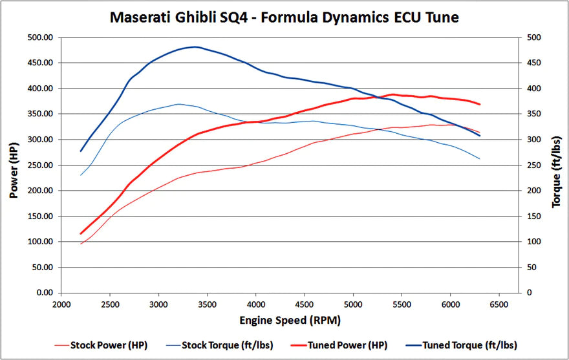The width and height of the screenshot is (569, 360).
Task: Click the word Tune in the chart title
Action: click(440, 17)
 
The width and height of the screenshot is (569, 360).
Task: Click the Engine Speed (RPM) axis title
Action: click(290, 320)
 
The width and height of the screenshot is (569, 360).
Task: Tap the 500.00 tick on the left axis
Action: click(41, 37)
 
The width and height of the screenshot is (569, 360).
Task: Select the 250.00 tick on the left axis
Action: click(41, 165)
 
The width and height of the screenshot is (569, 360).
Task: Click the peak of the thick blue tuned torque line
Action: click(195, 47)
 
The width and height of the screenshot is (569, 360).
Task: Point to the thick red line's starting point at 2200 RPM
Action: click(81, 233)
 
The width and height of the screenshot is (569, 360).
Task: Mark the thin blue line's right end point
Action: click(479, 159)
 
